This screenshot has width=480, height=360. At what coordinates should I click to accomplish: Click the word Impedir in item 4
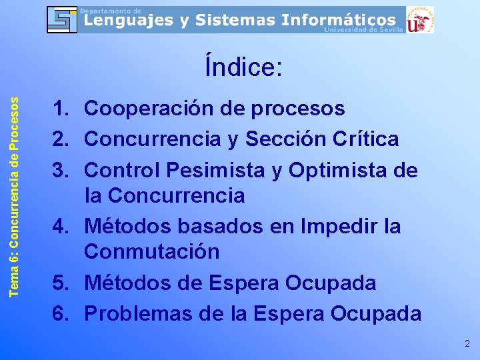point(341,227)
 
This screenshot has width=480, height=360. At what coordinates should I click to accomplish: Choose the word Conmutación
point(151,252)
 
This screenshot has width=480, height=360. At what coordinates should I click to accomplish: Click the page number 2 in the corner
point(467,344)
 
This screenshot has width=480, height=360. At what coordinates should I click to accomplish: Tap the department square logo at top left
point(61,19)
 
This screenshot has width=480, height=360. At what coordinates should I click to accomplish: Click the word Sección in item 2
point(285,139)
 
